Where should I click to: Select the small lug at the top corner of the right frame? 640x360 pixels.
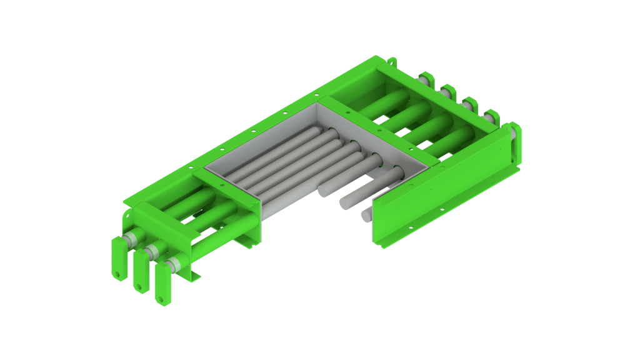tap(392, 61)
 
